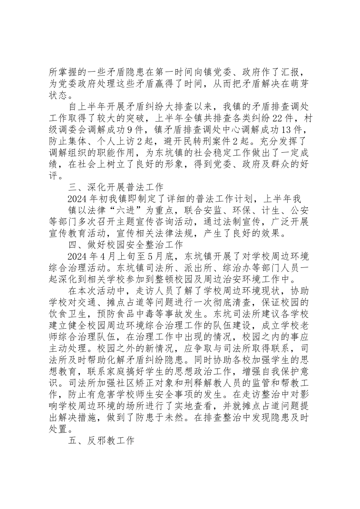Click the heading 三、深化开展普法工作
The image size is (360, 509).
click(116, 187)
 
